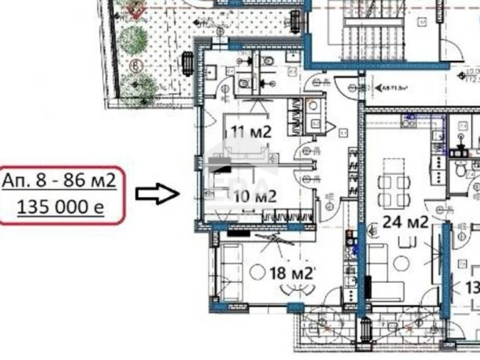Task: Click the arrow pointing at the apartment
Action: coord(156,193)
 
